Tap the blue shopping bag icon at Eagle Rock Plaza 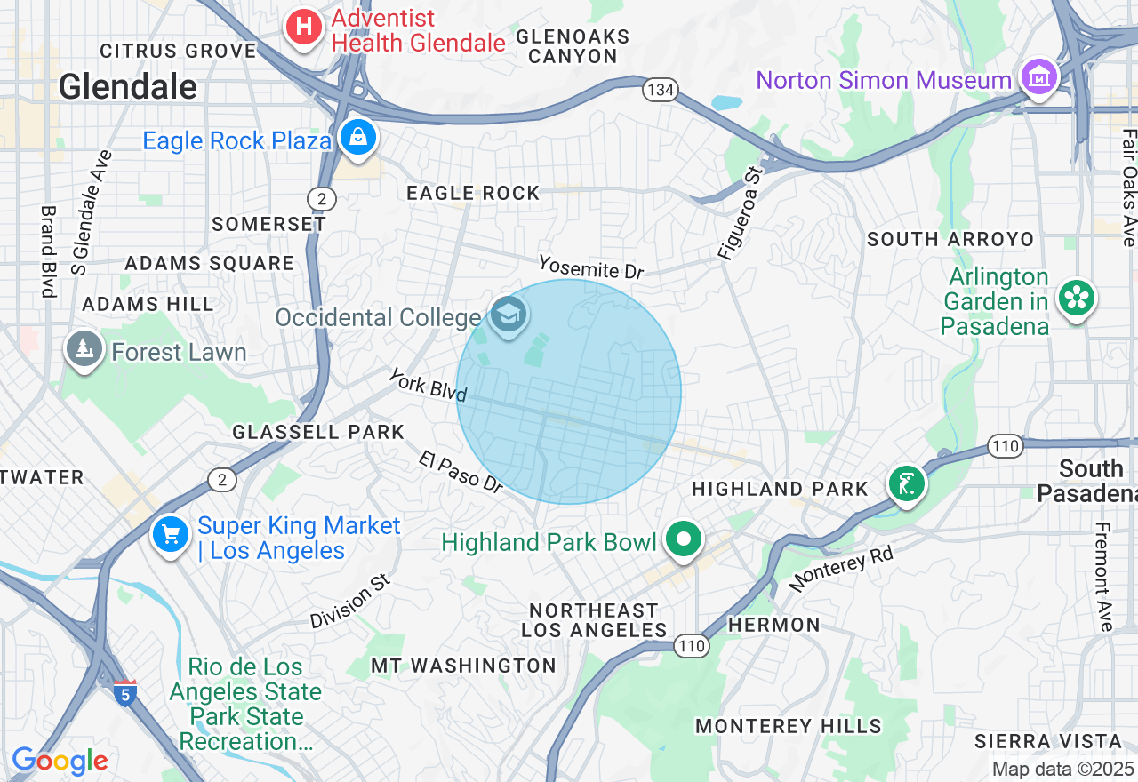click(x=357, y=138)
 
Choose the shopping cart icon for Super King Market click(x=171, y=535)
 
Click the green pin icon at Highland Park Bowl click(x=683, y=540)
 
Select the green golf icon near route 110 click(x=906, y=484)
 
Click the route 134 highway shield click(x=661, y=90)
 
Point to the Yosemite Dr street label click(x=590, y=267)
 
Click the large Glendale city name click(x=128, y=87)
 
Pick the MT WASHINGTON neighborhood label click(x=463, y=666)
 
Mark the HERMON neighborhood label click(x=773, y=625)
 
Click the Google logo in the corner click(x=60, y=761)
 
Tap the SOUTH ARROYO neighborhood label click(x=950, y=239)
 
